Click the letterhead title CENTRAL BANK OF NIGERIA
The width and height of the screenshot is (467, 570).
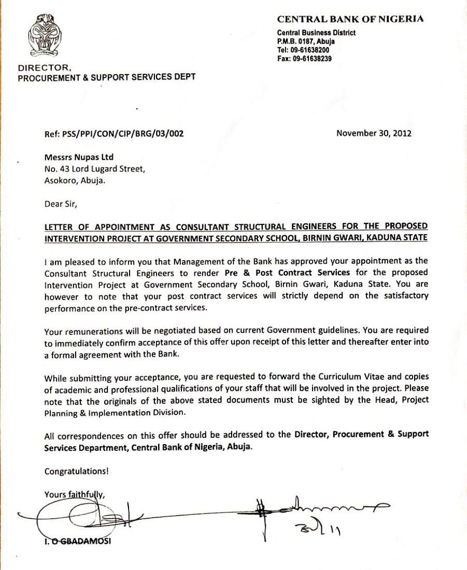[x=350, y=19]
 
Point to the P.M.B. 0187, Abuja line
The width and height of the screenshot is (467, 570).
[x=306, y=41]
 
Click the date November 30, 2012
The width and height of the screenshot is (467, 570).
[x=374, y=133]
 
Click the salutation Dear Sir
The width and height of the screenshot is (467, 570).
[x=61, y=204]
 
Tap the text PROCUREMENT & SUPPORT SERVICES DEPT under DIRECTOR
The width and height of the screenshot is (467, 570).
[x=107, y=78]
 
